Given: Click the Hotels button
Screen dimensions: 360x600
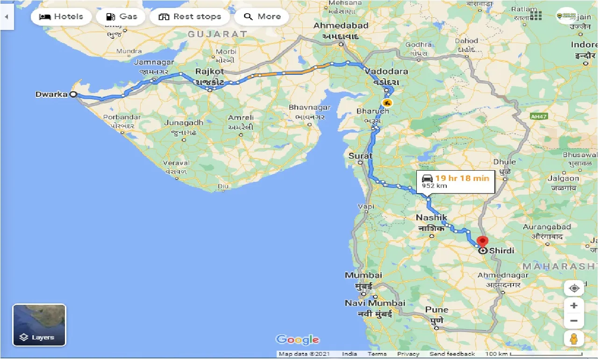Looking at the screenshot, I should [x=61, y=17].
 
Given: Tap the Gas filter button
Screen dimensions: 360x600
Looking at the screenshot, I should [x=121, y=17].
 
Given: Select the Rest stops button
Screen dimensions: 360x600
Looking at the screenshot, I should [x=189, y=17].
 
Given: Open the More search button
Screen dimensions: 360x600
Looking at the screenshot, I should [x=262, y=17].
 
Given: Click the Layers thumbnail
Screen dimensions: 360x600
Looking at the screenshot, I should [x=39, y=325].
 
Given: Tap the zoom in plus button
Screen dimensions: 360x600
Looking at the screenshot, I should [x=574, y=306].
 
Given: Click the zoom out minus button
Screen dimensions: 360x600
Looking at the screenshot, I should [x=574, y=321].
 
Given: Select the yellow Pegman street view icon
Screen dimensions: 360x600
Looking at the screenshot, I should [x=574, y=338].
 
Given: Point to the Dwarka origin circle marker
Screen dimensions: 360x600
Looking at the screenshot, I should [x=73, y=94].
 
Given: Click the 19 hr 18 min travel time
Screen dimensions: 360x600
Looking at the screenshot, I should [x=462, y=178].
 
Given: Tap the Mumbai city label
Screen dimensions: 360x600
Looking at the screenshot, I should [x=364, y=275].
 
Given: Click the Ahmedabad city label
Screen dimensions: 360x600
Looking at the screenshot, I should [x=341, y=25].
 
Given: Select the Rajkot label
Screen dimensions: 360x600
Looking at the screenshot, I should [x=210, y=72].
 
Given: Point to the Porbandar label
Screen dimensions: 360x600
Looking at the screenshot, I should [x=122, y=117].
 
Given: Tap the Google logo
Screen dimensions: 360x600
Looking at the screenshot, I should [x=297, y=340].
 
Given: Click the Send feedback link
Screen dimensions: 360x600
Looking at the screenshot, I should [x=452, y=354].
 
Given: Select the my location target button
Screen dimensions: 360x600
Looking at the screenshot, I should [x=574, y=288].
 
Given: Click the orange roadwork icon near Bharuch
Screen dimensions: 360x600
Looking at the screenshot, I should [x=386, y=102].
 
